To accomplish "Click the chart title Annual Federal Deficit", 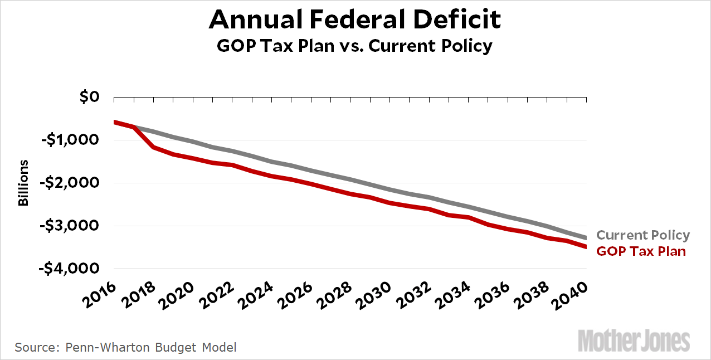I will tap(355, 20).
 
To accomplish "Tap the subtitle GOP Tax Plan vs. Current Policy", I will tap(355, 45).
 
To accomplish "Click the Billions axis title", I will tap(23, 183).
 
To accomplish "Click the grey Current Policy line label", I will tap(643, 235).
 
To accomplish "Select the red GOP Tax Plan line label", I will tap(641, 251).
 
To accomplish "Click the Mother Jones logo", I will tap(634, 340).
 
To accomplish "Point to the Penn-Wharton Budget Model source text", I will tap(125, 347).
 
